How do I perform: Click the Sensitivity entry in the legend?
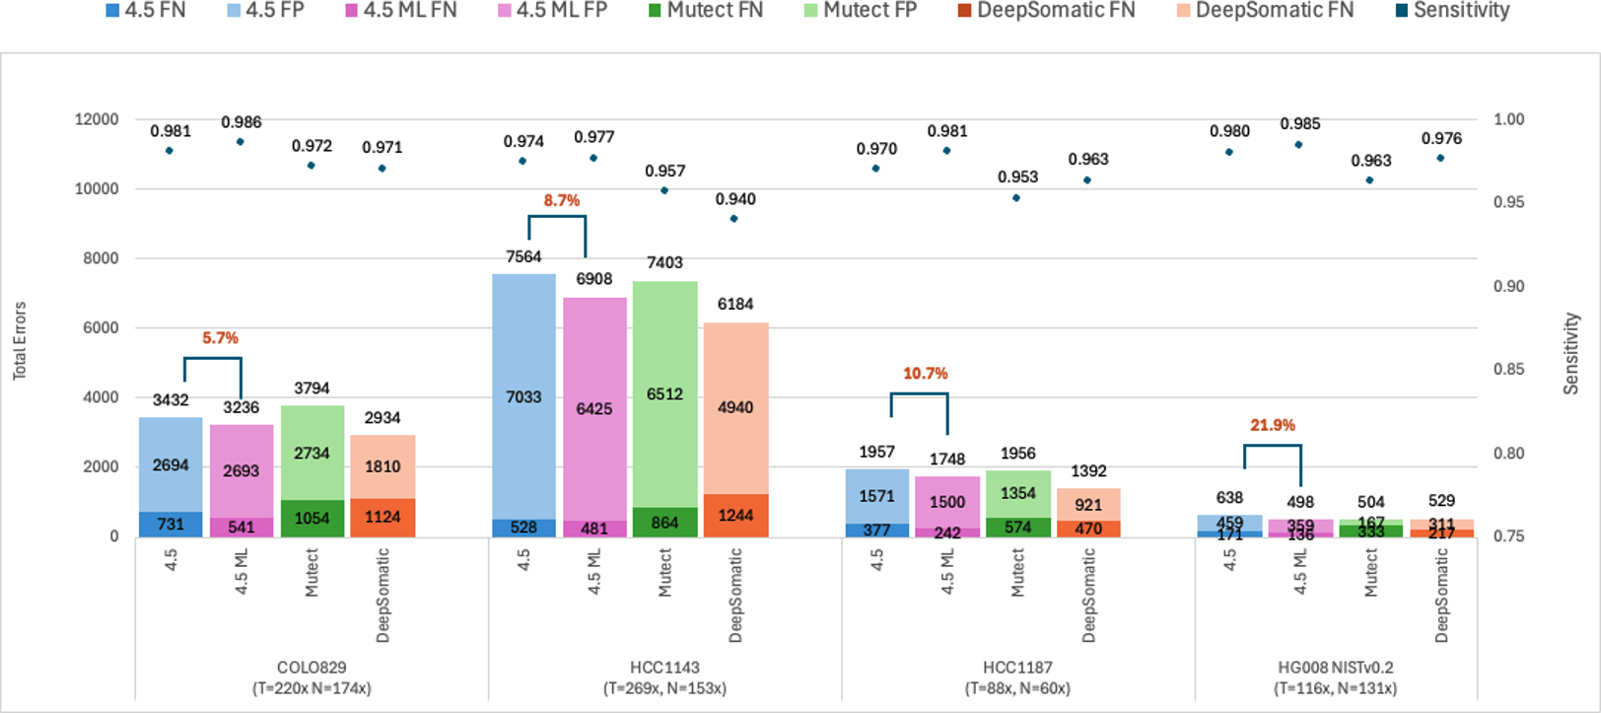(1452, 11)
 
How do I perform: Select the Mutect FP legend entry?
(860, 11)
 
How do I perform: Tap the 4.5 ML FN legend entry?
(400, 11)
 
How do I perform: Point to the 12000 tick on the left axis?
(97, 119)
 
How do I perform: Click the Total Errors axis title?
(20, 341)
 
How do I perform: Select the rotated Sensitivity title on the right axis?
(1571, 354)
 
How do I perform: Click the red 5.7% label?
(220, 337)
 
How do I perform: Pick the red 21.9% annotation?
(1273, 425)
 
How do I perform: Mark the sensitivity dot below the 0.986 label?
(241, 142)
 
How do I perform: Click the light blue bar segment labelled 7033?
(523, 396)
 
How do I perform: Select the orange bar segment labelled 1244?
(735, 516)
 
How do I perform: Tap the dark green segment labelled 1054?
(312, 519)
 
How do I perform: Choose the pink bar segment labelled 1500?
(947, 502)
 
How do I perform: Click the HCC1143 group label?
(664, 668)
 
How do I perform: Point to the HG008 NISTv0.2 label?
(1335, 668)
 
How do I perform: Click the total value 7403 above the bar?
(664, 262)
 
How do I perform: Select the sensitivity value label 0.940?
(735, 199)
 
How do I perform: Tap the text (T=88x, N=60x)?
(1017, 688)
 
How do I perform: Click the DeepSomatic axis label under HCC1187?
(1089, 596)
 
